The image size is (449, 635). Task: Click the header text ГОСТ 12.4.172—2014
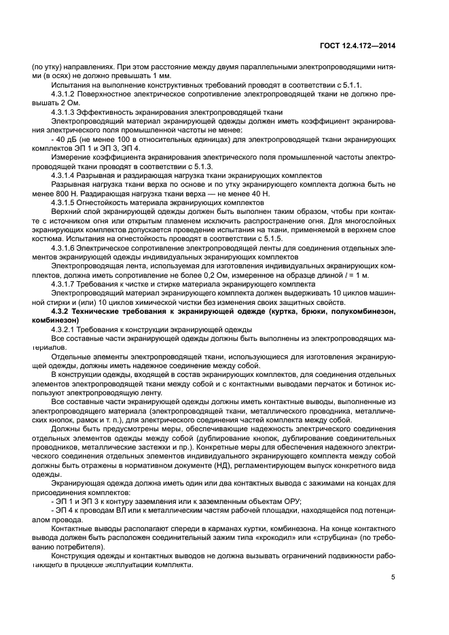coord(359,46)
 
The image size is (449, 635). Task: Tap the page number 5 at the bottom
coord(393,578)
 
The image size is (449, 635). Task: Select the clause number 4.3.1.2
coord(65,95)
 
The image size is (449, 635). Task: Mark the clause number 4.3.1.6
coord(65,249)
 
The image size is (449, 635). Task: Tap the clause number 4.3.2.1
coord(65,329)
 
